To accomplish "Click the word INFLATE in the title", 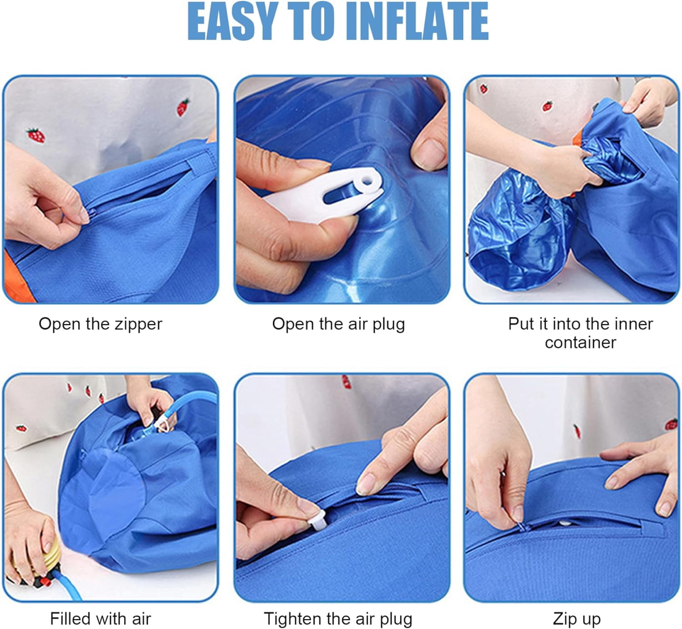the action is point(417,22).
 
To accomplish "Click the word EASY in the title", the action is point(233,22).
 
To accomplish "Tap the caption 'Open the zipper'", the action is point(100,324).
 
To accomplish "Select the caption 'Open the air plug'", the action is point(339,324).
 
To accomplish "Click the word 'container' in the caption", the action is point(580,343).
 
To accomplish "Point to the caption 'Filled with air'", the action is point(100,619).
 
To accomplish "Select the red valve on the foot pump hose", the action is point(44,582).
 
